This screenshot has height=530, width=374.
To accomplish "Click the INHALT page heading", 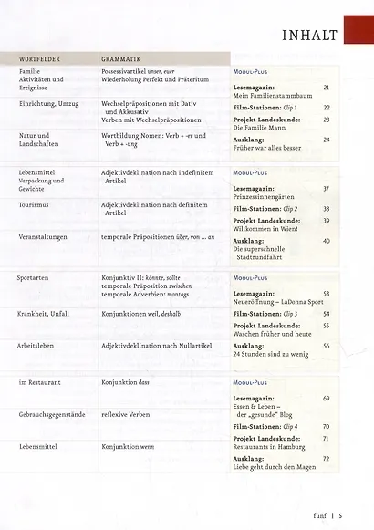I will click(x=310, y=36).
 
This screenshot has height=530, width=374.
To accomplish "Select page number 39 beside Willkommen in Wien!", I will click(x=326, y=221).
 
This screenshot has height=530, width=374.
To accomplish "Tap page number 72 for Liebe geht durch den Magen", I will click(x=326, y=458).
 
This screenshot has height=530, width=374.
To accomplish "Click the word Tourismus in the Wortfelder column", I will click(x=34, y=207).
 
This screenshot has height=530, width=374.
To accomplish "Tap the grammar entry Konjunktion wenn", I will click(x=129, y=449).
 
